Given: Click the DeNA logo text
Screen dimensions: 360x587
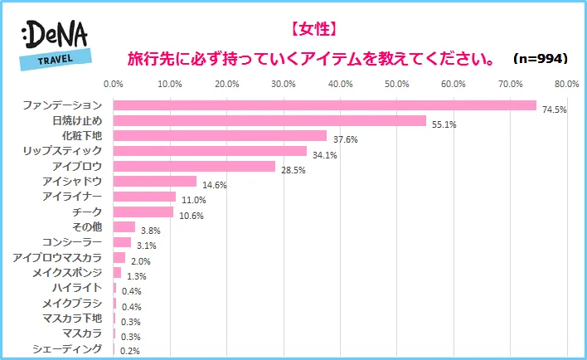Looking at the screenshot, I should pyautogui.click(x=56, y=35).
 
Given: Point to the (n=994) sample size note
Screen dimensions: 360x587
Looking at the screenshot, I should pyautogui.click(x=539, y=59).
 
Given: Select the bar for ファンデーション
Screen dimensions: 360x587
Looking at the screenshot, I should pyautogui.click(x=324, y=105).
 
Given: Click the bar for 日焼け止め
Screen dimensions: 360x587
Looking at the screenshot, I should pyautogui.click(x=269, y=120).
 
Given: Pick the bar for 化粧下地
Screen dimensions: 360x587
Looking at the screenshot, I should pyautogui.click(x=220, y=135).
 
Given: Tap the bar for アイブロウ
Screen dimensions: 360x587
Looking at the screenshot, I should pyautogui.click(x=194, y=166).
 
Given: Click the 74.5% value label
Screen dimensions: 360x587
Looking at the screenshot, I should pyautogui.click(x=554, y=109).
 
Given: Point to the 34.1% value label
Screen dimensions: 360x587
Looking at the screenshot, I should pyautogui.click(x=324, y=155).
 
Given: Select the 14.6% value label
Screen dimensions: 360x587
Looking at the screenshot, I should pyautogui.click(x=213, y=185).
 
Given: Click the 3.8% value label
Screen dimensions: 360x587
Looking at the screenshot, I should pyautogui.click(x=151, y=231).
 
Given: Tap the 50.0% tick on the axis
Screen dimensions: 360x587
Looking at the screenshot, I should pyautogui.click(x=396, y=84).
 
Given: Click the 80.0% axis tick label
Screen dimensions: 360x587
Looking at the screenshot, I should pyautogui.click(x=567, y=84).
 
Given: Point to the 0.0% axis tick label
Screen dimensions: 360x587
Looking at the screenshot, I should pyautogui.click(x=113, y=84).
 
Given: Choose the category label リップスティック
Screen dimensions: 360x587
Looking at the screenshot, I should pyautogui.click(x=63, y=150).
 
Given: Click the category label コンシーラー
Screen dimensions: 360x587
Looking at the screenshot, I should pyautogui.click(x=70, y=241).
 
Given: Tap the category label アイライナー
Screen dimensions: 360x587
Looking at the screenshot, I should pyautogui.click(x=71, y=196).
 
